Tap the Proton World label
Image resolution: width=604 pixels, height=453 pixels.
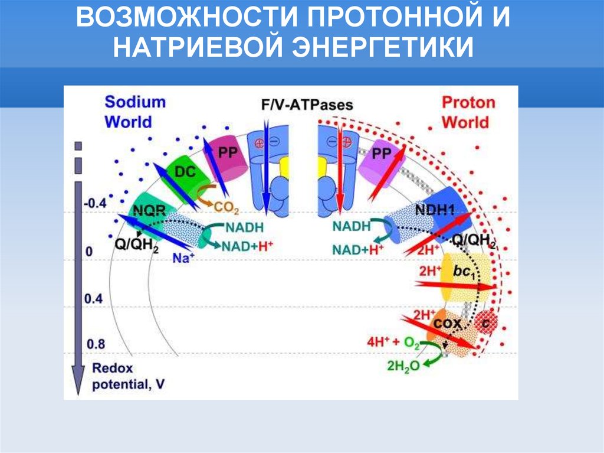tap(468, 112)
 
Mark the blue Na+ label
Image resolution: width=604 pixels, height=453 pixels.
tap(183, 258)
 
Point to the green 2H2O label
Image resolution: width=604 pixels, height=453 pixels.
tap(403, 366)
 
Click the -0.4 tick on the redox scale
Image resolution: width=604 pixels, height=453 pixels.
tap(94, 204)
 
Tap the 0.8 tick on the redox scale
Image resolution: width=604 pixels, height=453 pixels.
tap(94, 344)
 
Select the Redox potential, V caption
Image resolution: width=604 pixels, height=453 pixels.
tap(128, 376)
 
